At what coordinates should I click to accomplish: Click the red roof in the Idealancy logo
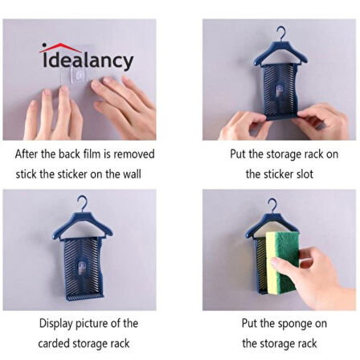[x=60, y=47]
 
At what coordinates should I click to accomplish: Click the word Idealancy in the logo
[x=88, y=61]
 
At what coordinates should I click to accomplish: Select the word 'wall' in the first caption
[x=132, y=174]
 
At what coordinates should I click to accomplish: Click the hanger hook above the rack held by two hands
[x=281, y=34]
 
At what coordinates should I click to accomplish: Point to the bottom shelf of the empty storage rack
[x=84, y=297]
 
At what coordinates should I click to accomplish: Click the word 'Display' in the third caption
[x=56, y=324]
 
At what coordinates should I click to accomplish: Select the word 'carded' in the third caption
[x=54, y=343]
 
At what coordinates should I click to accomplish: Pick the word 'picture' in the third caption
[x=92, y=324]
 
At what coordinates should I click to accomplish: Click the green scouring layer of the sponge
[x=285, y=257]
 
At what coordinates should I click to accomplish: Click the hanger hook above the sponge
[x=272, y=206]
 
